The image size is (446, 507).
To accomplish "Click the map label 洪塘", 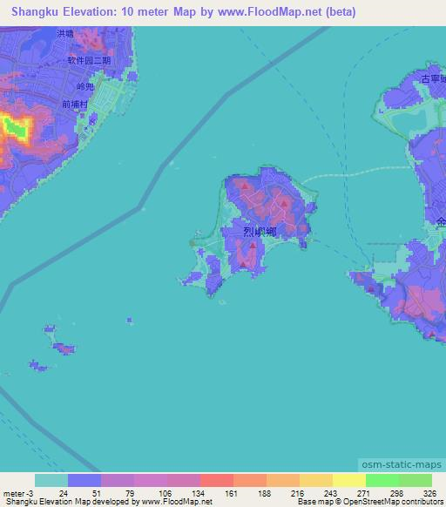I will pyautogui.click(x=64, y=34).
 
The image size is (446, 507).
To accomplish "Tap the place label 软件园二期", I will pyautogui.click(x=91, y=60).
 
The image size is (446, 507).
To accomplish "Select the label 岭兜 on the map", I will pyautogui.click(x=84, y=87).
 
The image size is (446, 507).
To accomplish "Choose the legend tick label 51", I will pyautogui.click(x=85, y=492).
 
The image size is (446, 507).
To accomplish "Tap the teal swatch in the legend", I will pyautogui.click(x=51, y=480).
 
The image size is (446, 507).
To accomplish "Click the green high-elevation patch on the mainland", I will pyautogui.click(x=15, y=129).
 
